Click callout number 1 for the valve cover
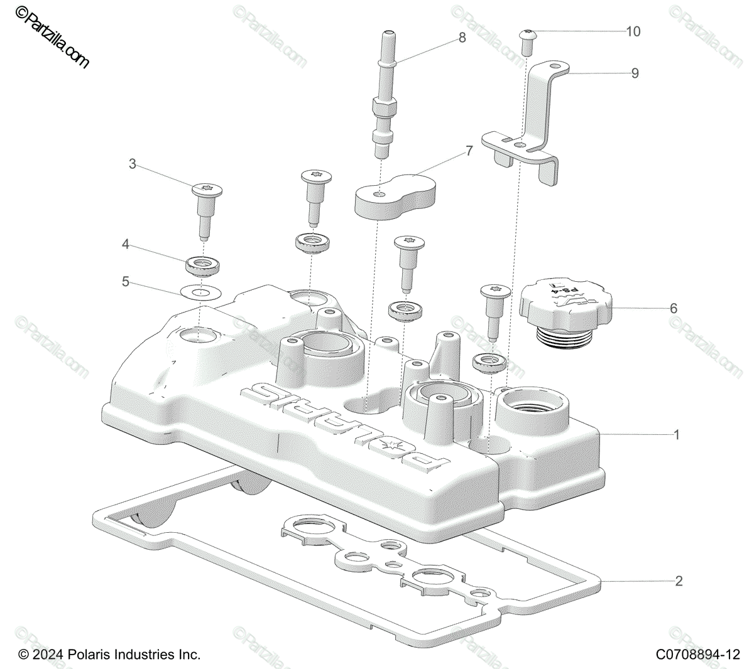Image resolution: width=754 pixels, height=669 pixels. (677, 434)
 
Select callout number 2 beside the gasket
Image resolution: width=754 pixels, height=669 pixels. (679, 581)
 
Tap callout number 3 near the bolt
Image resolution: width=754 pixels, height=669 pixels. (132, 164)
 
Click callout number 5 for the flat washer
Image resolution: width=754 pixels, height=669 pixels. (126, 282)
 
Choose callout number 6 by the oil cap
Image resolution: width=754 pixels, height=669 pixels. (674, 308)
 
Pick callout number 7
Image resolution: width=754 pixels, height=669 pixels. (468, 151)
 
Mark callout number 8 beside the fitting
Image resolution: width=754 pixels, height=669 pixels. (462, 38)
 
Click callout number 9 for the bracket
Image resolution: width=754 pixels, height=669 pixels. (635, 73)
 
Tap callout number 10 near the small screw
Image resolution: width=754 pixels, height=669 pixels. (633, 31)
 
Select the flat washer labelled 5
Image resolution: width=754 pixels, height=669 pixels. (199, 292)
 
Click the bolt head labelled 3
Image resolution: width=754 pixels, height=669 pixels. (207, 188)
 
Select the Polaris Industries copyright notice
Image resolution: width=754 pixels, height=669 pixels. (110, 655)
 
